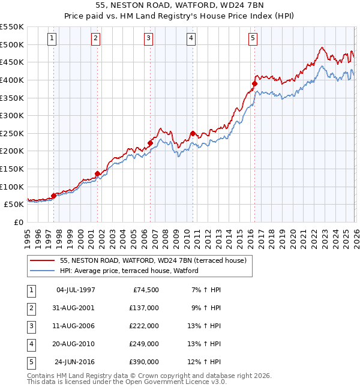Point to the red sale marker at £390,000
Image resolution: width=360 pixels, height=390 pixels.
[254, 84]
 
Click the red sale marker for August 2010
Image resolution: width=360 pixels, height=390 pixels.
[193, 134]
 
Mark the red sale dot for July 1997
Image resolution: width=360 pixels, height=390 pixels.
[53, 196]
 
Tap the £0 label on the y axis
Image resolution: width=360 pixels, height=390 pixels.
[18, 222]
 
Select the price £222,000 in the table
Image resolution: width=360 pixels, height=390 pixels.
[144, 326]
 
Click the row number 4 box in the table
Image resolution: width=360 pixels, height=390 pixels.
[30, 344]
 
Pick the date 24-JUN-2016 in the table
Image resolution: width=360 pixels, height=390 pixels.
[75, 362]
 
